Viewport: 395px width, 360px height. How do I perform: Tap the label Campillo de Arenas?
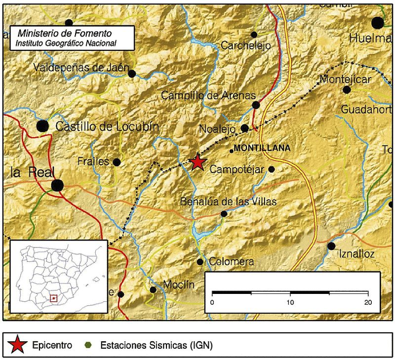(x=208, y=95)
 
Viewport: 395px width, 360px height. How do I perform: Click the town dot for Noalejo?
(x=244, y=128)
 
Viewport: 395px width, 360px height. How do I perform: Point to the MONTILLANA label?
(x=262, y=147)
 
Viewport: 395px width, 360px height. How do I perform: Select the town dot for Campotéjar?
(x=271, y=169)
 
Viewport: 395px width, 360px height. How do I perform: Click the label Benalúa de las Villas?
(x=229, y=201)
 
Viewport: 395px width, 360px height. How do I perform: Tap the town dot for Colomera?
(x=200, y=262)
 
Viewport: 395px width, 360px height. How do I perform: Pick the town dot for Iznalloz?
(x=331, y=246)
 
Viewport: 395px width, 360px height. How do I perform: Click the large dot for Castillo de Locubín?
(x=43, y=126)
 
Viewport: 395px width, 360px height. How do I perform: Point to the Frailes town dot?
(x=117, y=162)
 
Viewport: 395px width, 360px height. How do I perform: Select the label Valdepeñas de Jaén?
(x=81, y=68)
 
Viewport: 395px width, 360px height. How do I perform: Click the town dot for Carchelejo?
(x=254, y=35)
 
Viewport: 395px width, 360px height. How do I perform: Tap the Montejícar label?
(x=345, y=79)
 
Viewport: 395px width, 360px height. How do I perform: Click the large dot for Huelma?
(x=378, y=22)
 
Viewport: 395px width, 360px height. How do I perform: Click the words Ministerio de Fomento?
(x=65, y=34)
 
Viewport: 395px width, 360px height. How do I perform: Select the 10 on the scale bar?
(x=290, y=302)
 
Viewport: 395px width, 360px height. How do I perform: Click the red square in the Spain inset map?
(x=54, y=298)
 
